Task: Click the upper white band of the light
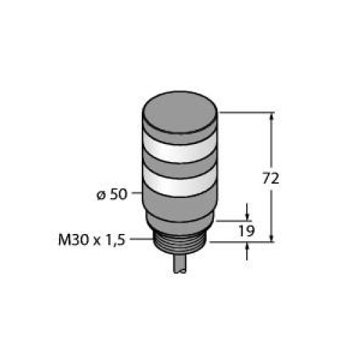179,150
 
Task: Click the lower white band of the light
179,184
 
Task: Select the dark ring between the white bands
179,167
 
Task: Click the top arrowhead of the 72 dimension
272,117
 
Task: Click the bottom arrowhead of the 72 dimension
272,237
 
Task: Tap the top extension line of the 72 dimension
245,112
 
